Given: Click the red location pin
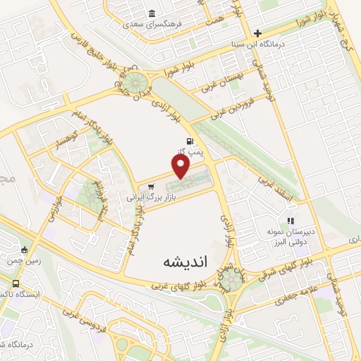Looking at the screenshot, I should click(x=182, y=165).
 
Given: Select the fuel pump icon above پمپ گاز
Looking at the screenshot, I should click(x=189, y=140).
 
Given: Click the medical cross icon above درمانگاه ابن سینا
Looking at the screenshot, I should click(x=258, y=32).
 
